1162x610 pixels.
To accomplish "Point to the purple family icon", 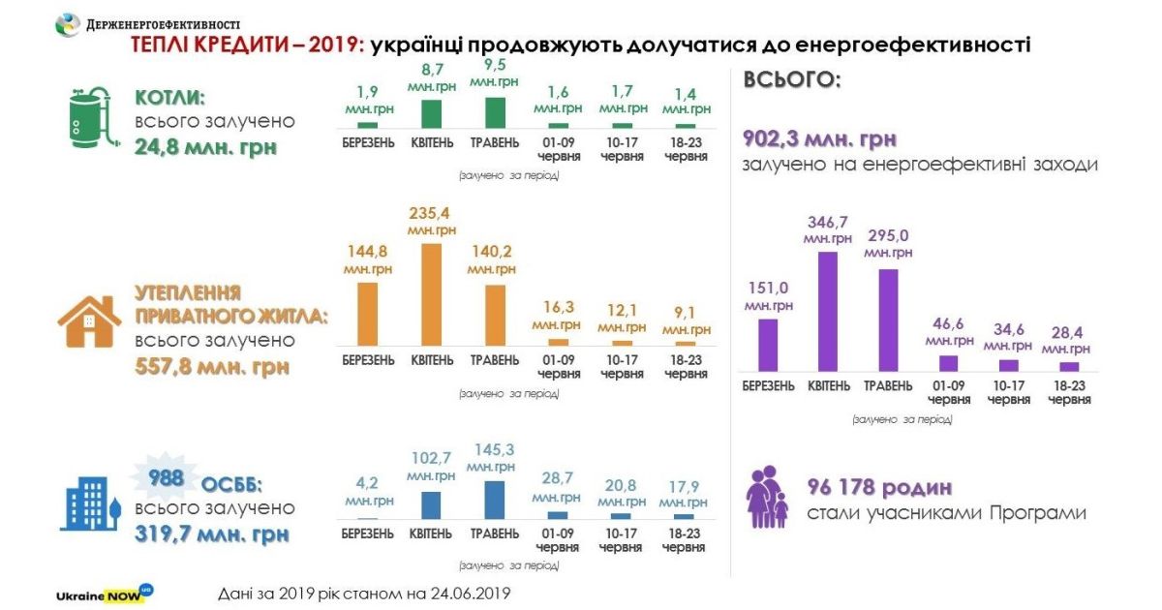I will click(768, 497).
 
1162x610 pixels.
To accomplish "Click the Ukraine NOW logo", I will click(105, 592).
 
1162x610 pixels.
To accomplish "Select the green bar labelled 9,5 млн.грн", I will click(495, 112).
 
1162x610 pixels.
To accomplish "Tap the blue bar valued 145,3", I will click(495, 500).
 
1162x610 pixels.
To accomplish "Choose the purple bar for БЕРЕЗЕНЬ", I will click(768, 345).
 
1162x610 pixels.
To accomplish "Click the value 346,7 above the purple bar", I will click(828, 222).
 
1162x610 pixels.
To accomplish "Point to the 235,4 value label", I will click(431, 213).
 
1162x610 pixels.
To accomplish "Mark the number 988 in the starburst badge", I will click(164, 477).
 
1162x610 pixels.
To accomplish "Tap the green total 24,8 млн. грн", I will click(205, 148).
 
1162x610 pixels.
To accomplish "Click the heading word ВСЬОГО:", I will click(792, 79).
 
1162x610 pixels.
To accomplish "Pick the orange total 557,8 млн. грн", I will click(212, 368).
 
